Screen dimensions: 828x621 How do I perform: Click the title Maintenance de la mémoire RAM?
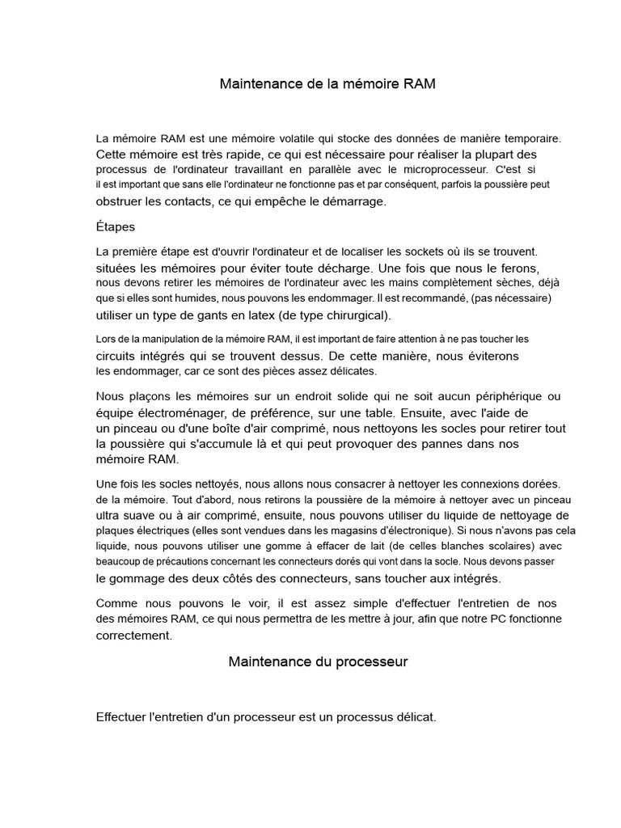click(327, 84)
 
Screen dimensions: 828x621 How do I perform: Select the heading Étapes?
click(116, 226)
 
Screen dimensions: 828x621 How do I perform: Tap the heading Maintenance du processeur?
click(318, 661)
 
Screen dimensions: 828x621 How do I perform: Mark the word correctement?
click(134, 636)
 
